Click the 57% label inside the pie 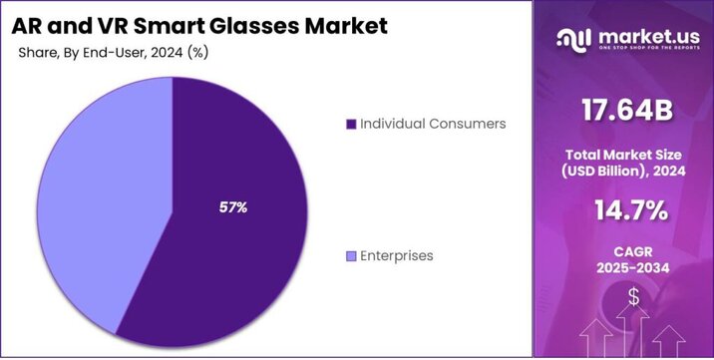232,207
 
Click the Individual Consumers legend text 433,124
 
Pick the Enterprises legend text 397,256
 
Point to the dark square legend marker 350,125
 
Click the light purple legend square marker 350,257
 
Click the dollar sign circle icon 634,297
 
